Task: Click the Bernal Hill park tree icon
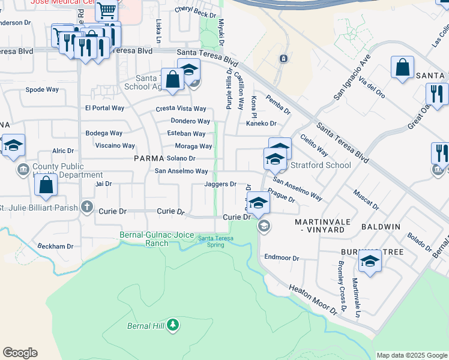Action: tap(173, 325)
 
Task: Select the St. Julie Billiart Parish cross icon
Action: tap(87, 208)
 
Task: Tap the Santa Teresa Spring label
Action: tap(215, 241)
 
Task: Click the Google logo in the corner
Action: tap(20, 353)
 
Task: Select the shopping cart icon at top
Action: tap(106, 10)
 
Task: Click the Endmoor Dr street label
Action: tap(282, 258)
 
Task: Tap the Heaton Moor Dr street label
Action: tap(314, 300)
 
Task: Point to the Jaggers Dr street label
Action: tap(220, 184)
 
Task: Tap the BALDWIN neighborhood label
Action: tap(381, 227)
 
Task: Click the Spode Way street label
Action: tap(42, 89)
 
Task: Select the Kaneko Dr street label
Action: tap(261, 124)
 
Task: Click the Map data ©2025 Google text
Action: tap(411, 355)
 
